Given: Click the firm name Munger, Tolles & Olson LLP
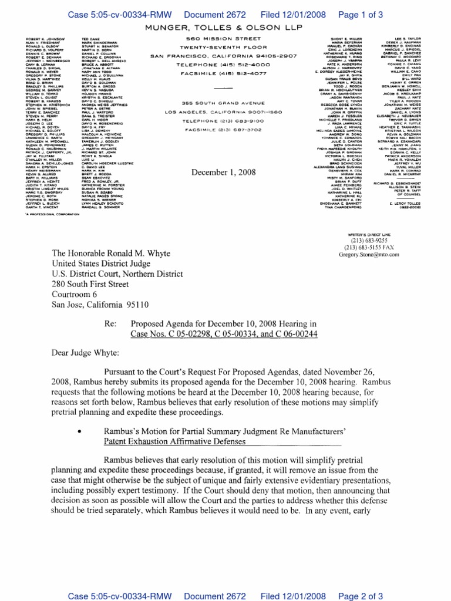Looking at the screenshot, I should tap(225, 28).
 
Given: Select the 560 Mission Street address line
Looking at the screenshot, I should tap(225, 39).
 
